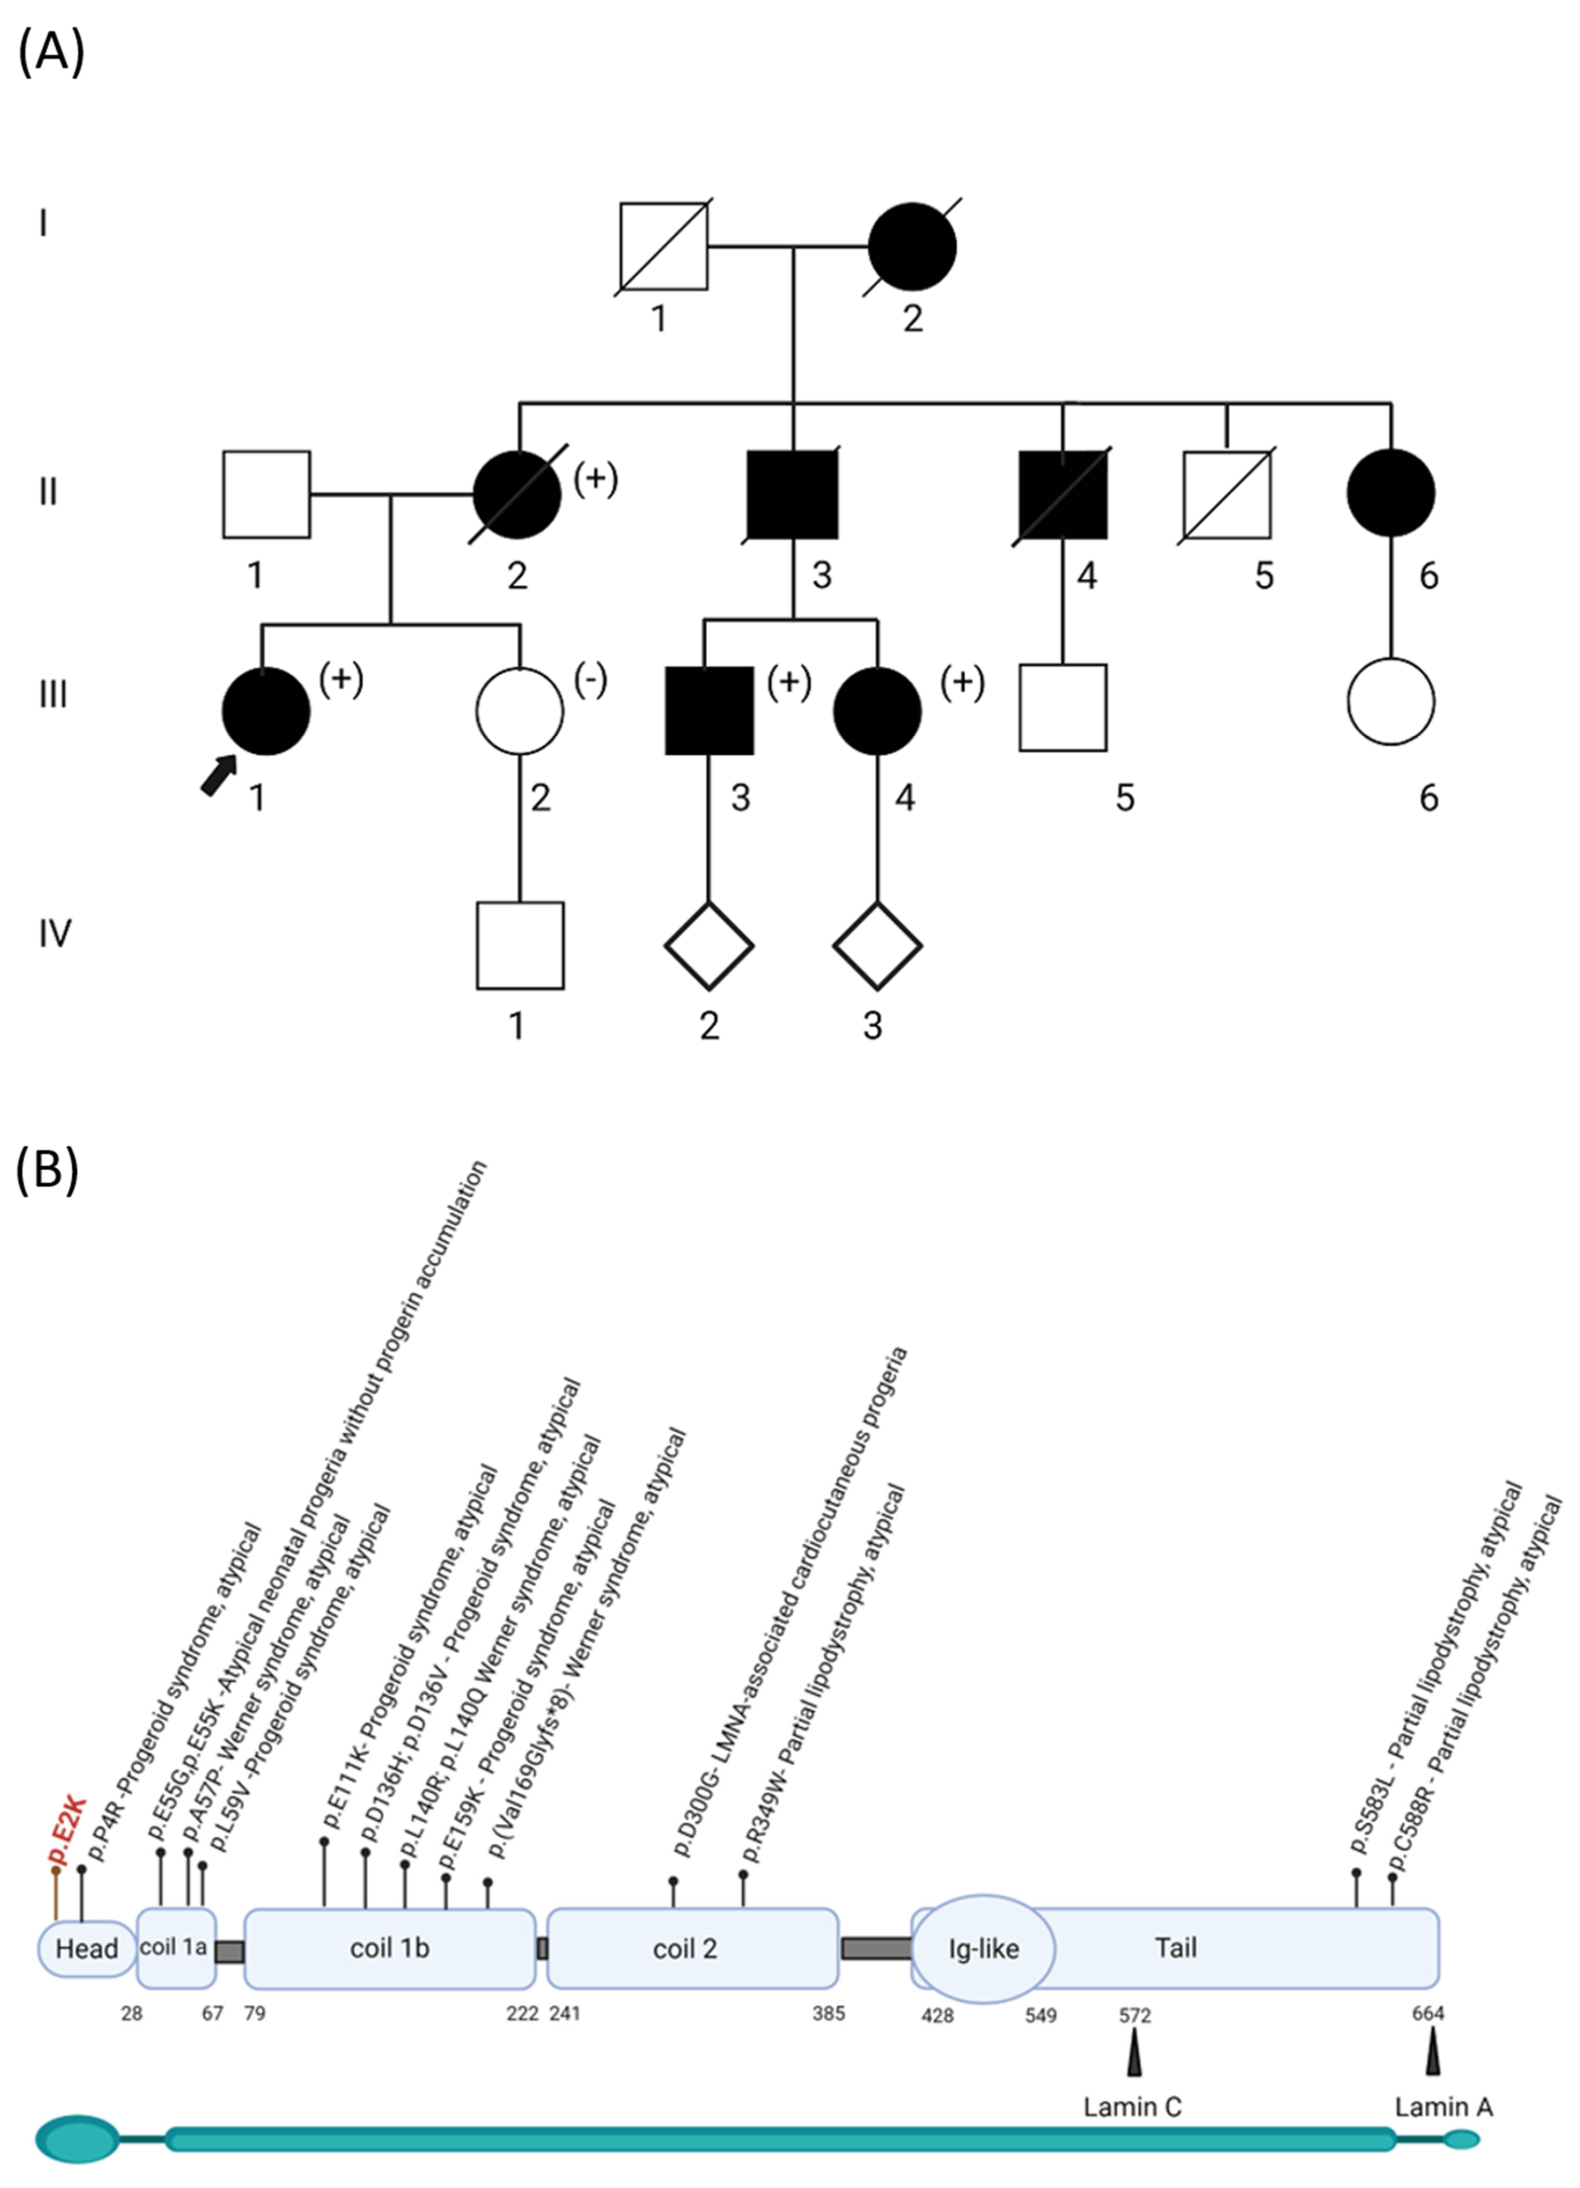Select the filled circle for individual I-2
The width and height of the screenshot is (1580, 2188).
pyautogui.click(x=912, y=247)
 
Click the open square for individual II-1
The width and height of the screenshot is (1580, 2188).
pyautogui.click(x=266, y=494)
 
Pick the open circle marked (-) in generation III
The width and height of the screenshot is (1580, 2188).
pyautogui.click(x=519, y=711)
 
